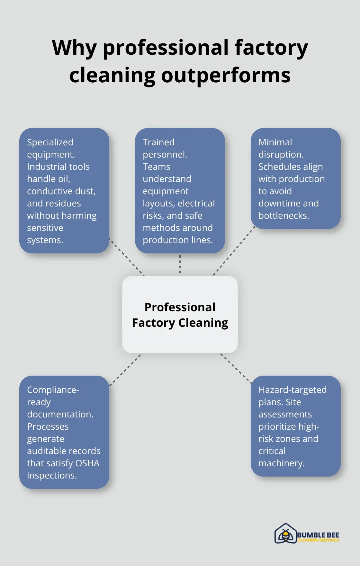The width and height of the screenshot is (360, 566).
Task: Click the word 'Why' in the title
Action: pos(74,48)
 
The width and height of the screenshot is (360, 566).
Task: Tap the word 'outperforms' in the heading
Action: pos(226,75)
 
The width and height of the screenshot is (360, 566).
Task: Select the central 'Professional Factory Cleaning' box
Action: pos(180,315)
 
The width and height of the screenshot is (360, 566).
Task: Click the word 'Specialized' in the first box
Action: pos(50,142)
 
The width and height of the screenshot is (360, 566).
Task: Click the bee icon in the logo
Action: pos(285,535)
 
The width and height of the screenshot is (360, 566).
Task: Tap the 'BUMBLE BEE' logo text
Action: pos(318,535)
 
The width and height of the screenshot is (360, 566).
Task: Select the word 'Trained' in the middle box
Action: pos(158,142)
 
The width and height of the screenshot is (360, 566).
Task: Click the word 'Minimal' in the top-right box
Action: pos(275,142)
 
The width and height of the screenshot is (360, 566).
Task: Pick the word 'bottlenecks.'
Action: pos(283,215)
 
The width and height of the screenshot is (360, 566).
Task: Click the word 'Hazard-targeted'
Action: pos(292,390)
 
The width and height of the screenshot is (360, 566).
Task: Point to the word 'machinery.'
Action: pos(281,463)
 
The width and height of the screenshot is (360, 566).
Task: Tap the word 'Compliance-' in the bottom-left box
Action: pos(53,390)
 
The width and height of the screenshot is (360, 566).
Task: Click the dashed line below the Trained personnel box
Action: pos(180,264)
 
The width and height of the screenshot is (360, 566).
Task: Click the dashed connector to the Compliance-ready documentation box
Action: pos(125,370)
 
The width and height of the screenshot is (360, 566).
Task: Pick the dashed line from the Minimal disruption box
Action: pos(234,251)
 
